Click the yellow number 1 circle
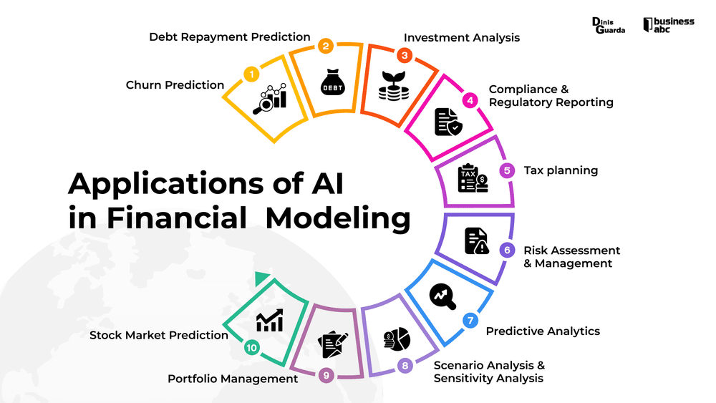[251, 74]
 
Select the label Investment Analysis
[461, 37]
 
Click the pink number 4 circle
[470, 100]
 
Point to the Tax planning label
[561, 170]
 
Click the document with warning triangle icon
[476, 241]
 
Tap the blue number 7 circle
[470, 320]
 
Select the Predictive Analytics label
[543, 331]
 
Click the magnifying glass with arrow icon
[442, 296]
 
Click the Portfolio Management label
[233, 379]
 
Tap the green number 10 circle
[251, 348]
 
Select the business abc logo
[669, 25]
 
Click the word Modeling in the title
[338, 218]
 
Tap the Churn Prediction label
[175, 85]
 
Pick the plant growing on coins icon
[393, 85]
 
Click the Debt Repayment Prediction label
[230, 37]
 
